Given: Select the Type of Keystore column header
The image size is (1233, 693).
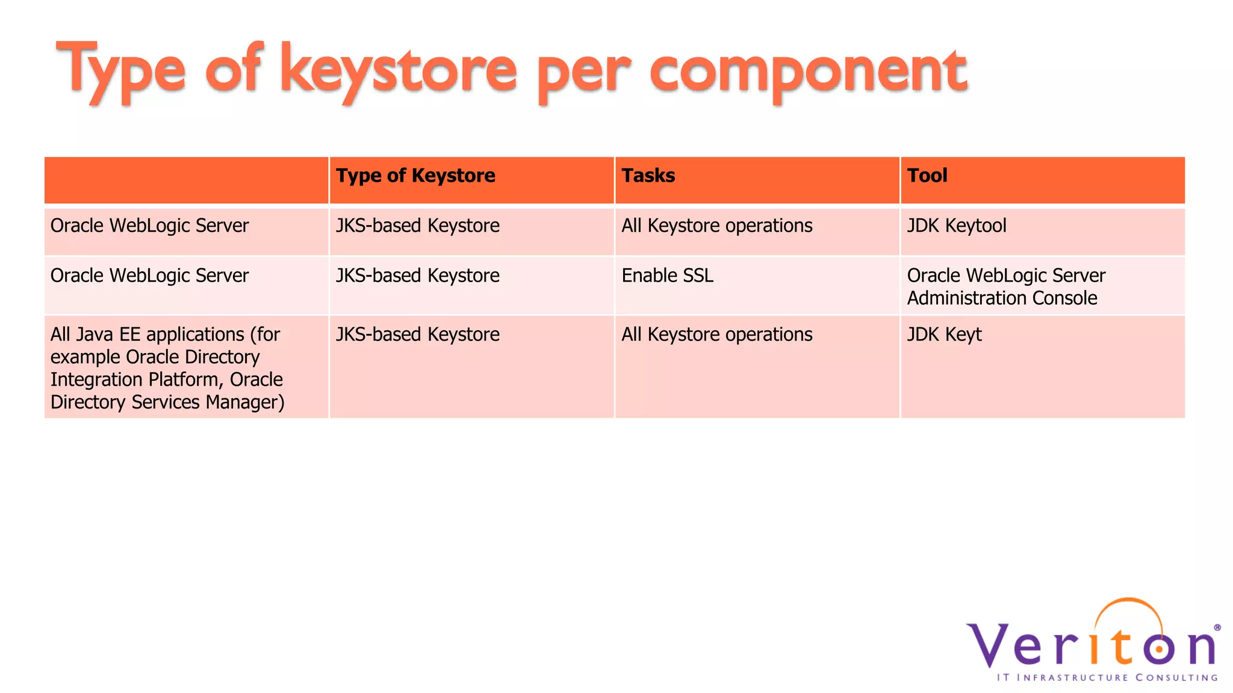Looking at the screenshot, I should [x=415, y=176].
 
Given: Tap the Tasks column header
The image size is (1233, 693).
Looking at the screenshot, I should [x=648, y=176].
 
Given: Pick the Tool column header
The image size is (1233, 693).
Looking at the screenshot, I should [x=927, y=176].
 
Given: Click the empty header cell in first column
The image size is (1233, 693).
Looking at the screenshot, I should [x=187, y=180].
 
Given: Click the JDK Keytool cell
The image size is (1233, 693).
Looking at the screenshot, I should [x=956, y=226].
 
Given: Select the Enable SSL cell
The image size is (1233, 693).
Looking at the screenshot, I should [x=667, y=276].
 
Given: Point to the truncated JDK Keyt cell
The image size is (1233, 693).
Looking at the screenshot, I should [x=944, y=334].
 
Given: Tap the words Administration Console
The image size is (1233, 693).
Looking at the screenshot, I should [x=1002, y=298].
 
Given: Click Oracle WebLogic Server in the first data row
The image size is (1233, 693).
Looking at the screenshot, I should [x=149, y=226].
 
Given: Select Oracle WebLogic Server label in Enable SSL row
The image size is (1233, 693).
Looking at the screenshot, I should [x=149, y=276].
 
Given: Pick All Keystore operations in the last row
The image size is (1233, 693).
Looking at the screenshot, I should [x=716, y=334].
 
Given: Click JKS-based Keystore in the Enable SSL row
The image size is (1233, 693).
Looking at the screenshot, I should [x=417, y=276].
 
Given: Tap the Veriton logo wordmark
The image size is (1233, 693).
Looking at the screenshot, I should [x=1091, y=646].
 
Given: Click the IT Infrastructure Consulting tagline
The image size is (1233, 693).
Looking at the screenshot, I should [x=1107, y=677].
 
